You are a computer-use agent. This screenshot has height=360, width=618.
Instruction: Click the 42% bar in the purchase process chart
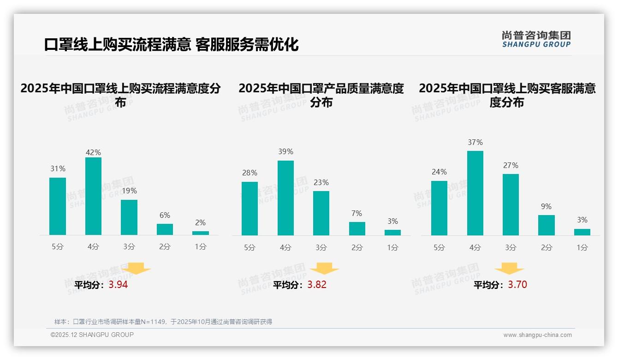coord(93,196)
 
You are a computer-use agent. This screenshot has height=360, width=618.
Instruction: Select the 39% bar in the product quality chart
coord(285,198)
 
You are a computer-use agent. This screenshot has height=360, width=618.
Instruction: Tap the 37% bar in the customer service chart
coord(475,193)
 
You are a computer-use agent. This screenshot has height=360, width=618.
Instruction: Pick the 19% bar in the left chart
coord(129,217)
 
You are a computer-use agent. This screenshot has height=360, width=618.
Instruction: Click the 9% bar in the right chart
coord(547,225)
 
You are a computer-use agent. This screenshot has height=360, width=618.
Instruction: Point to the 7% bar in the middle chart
coord(357,228)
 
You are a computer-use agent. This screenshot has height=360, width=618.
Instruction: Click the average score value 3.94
coord(118,285)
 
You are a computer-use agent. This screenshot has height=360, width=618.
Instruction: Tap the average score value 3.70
coord(517,285)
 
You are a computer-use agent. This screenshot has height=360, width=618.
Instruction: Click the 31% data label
coord(58,169)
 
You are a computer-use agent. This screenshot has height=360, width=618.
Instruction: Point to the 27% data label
coord(511,165)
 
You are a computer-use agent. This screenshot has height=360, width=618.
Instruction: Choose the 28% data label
coord(250,173)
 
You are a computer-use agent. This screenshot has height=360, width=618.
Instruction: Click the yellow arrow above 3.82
coord(324,269)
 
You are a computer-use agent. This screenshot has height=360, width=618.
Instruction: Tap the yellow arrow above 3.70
coord(509,269)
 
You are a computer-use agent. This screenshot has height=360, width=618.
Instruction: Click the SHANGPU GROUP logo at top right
coord(536,39)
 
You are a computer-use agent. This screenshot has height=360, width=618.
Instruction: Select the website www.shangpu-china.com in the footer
coord(537,335)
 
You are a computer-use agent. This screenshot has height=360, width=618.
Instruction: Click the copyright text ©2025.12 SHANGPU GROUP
coord(92,335)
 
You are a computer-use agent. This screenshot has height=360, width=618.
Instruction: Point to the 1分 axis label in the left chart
coord(201,247)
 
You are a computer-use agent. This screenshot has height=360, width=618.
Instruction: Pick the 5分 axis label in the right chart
coord(439,248)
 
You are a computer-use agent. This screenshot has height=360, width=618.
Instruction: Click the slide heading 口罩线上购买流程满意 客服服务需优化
coord(172,45)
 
